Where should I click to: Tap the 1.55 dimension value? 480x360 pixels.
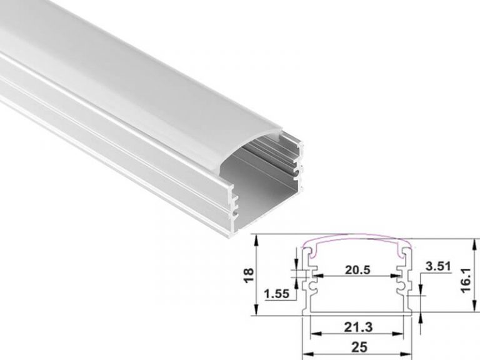pos(276,292)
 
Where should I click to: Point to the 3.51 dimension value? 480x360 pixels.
pos(437,267)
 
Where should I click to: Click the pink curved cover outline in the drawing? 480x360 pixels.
pos(357,239)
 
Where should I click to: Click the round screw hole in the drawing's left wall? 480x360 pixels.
pos(311,286)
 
